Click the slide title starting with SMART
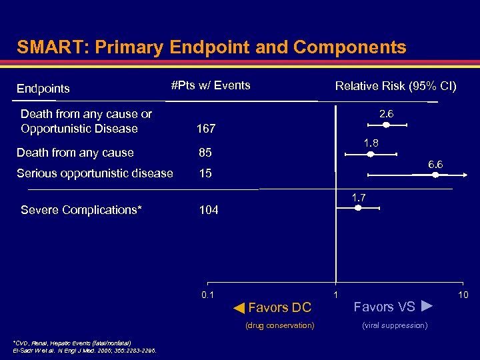[211, 47]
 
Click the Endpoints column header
[43, 89]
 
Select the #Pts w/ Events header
[211, 85]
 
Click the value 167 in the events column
[206, 128]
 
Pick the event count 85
[205, 153]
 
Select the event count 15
[205, 173]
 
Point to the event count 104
[209, 210]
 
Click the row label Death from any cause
[75, 153]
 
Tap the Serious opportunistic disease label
[95, 173]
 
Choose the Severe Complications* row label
[81, 210]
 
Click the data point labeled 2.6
[386, 125]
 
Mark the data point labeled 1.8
[371, 154]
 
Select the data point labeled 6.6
[435, 175]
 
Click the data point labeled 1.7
[358, 208]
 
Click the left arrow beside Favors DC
[239, 307]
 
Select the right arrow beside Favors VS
[428, 307]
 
